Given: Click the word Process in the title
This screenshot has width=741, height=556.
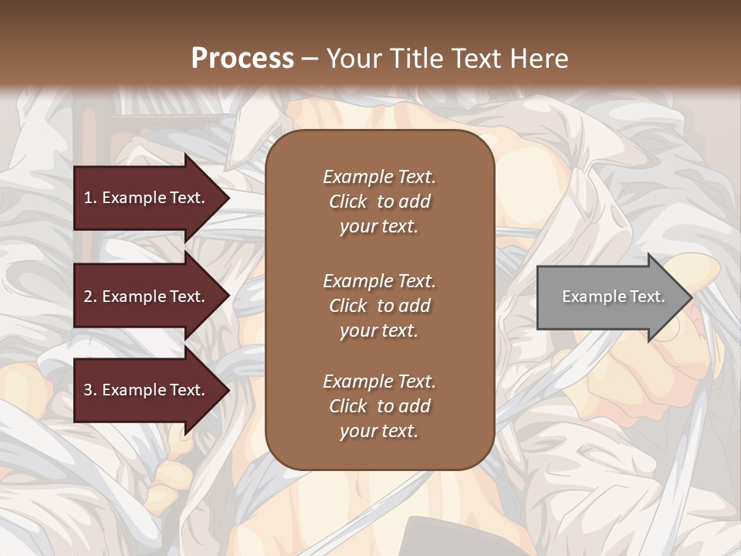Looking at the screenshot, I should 242,59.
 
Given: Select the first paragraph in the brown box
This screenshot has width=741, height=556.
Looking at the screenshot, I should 379,202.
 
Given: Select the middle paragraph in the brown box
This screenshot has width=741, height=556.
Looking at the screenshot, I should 379,306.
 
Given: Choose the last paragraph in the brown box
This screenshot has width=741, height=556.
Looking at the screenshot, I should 379,406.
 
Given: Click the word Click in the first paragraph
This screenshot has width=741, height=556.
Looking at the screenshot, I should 348,202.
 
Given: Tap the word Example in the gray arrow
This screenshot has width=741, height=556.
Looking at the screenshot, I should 590,297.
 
